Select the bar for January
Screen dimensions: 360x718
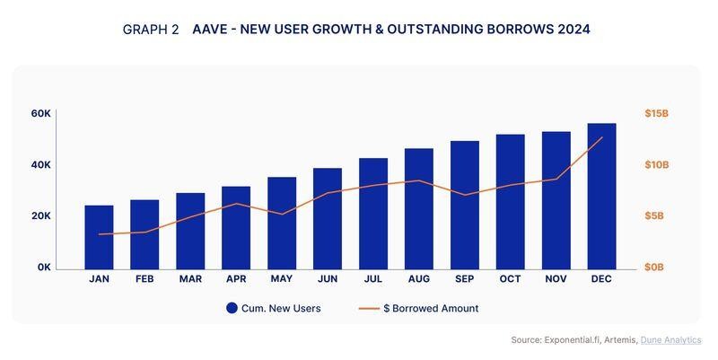(x=99, y=237)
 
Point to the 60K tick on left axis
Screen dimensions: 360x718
(x=40, y=114)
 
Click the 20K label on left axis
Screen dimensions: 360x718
(x=40, y=216)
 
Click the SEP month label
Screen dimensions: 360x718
(x=464, y=279)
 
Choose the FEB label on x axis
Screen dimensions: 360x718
(x=144, y=279)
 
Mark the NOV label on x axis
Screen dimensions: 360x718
(x=556, y=279)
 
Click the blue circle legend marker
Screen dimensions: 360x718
(x=232, y=308)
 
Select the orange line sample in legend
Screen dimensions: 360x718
(x=369, y=308)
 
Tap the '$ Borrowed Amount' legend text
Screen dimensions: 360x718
(x=431, y=308)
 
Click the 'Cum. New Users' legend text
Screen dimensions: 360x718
(x=281, y=308)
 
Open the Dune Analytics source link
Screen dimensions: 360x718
(x=671, y=340)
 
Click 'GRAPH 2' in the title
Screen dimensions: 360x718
(x=150, y=30)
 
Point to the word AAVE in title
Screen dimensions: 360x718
(x=213, y=30)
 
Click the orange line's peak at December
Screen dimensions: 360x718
(x=601, y=138)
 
